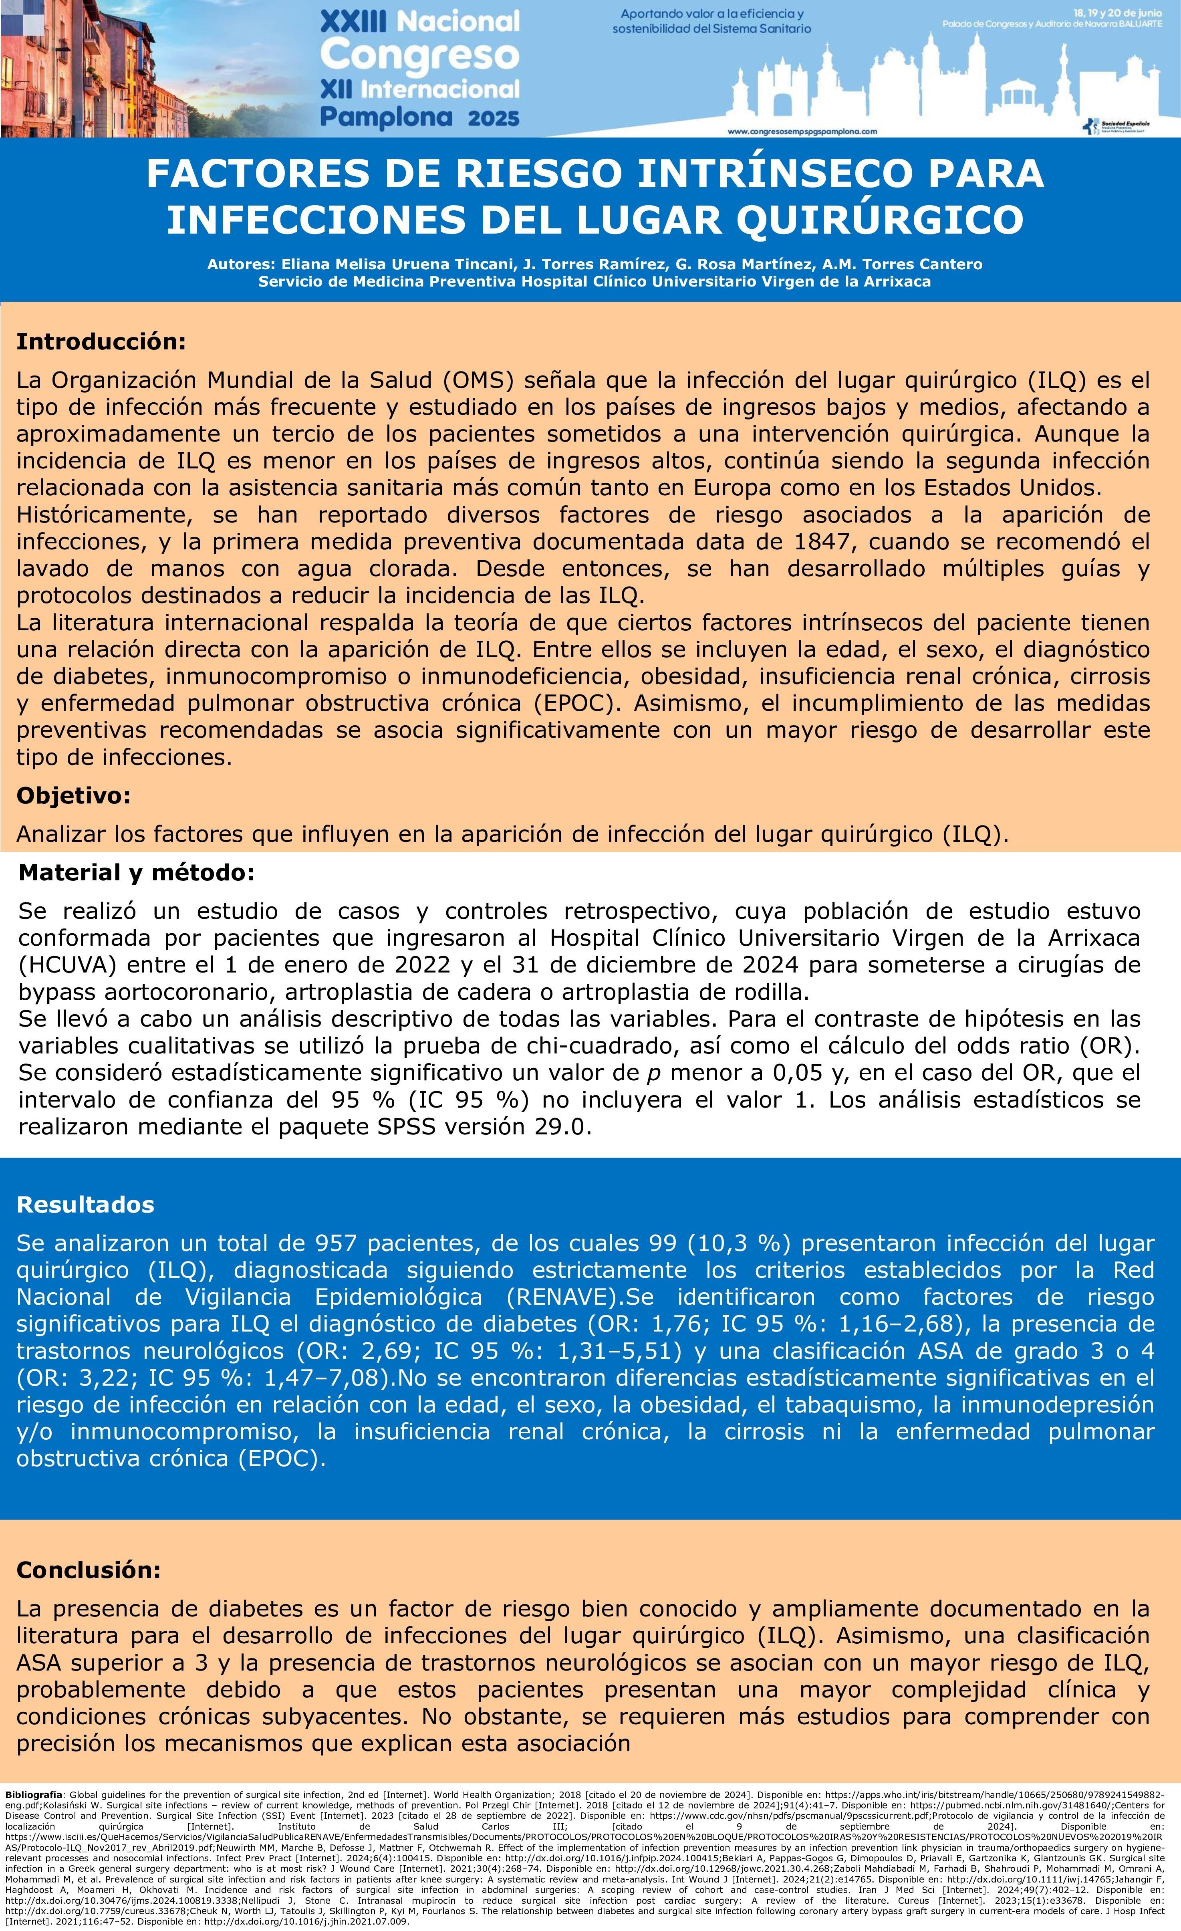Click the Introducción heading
[101, 342]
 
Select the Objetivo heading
[74, 795]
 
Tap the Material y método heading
[136, 872]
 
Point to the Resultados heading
[85, 1205]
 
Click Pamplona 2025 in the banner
[419, 117]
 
